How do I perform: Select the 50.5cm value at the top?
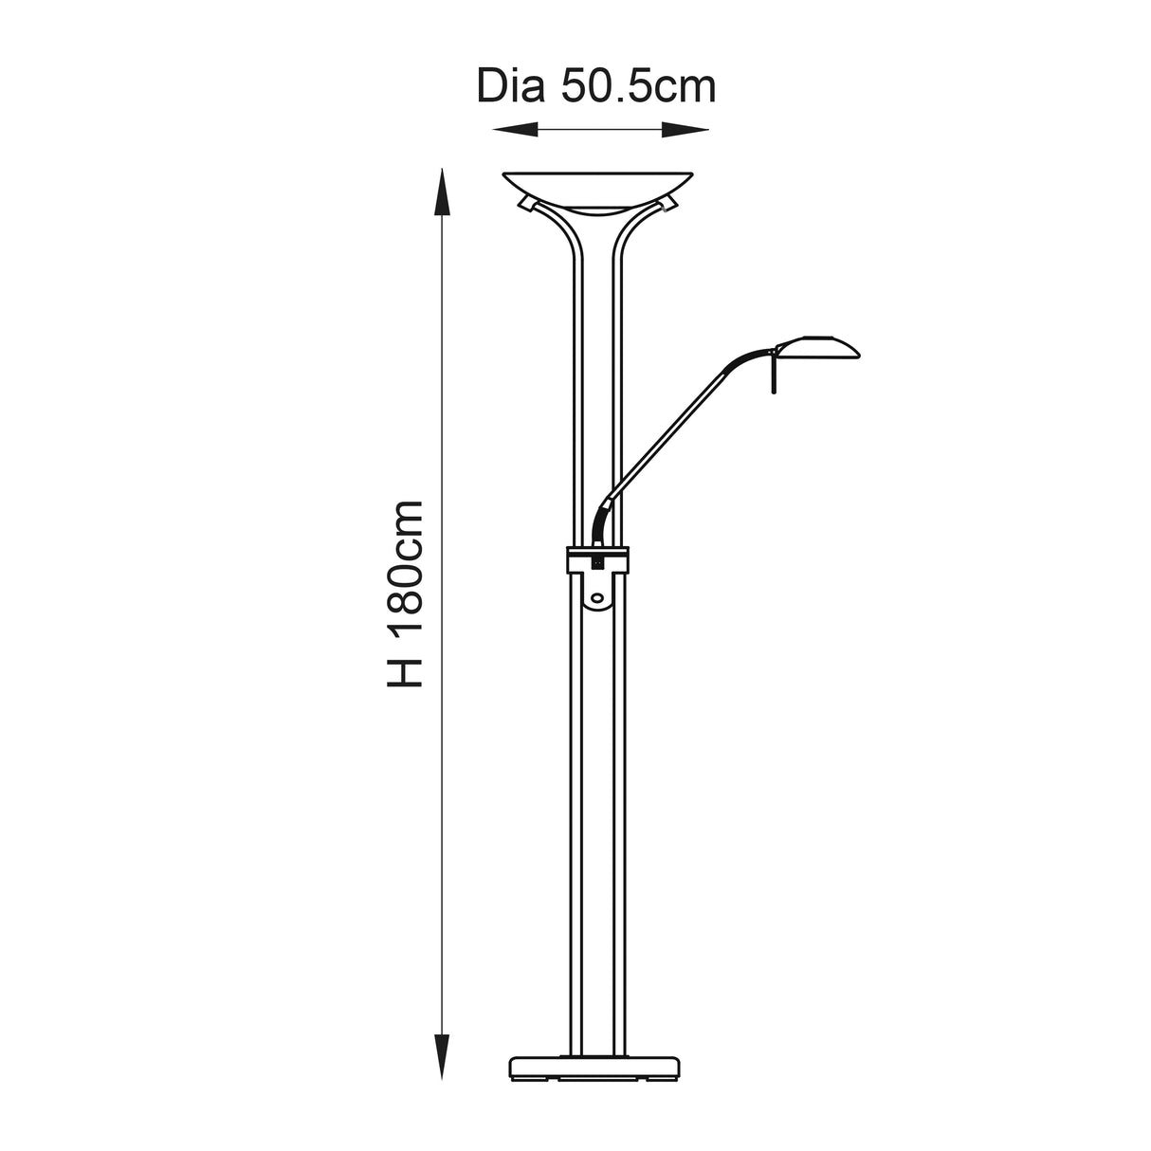(637, 86)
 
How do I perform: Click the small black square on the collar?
(597, 562)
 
